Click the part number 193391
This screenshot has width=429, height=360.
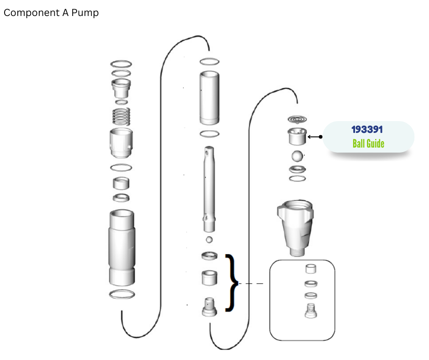[367, 129]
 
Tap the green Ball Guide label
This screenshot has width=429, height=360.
[368, 143]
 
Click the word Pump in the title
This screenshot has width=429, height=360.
[85, 13]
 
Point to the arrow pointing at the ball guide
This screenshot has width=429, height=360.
[315, 137]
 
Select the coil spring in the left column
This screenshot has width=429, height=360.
[121, 116]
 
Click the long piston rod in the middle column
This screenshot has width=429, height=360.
[209, 189]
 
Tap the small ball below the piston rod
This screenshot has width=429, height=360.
[209, 240]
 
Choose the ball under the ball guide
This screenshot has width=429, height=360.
[297, 156]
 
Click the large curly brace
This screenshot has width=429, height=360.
[231, 283]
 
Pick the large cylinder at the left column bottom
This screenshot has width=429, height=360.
[122, 248]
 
